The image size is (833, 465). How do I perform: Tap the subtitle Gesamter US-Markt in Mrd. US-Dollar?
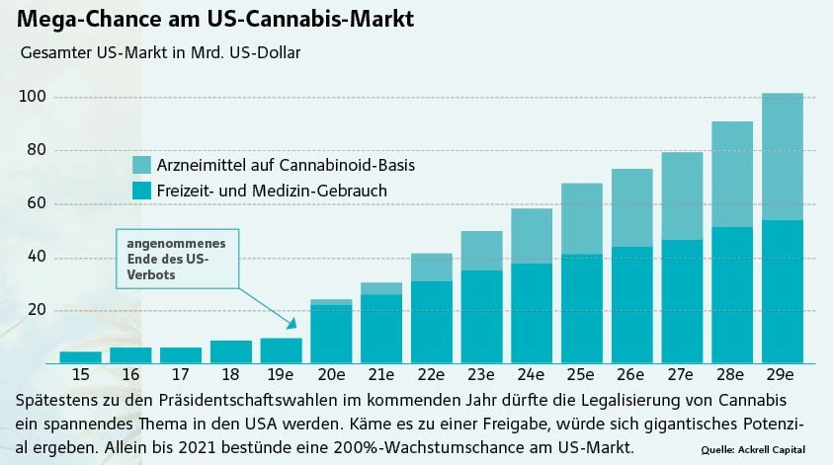click(159, 52)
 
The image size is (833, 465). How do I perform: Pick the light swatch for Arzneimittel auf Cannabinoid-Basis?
click(140, 164)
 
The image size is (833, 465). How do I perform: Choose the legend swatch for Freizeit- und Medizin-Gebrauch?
click(140, 190)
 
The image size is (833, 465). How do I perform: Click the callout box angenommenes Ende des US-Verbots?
click(177, 260)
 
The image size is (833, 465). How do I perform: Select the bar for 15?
click(80, 356)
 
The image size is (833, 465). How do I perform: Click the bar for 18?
click(230, 351)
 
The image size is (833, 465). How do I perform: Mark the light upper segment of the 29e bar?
click(782, 156)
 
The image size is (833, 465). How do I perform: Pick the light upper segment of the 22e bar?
click(431, 267)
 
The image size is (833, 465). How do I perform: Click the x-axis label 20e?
click(331, 376)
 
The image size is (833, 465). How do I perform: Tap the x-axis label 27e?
click(682, 376)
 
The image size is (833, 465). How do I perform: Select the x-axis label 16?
click(130, 376)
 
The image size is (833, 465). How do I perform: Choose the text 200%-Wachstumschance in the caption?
click(360, 447)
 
